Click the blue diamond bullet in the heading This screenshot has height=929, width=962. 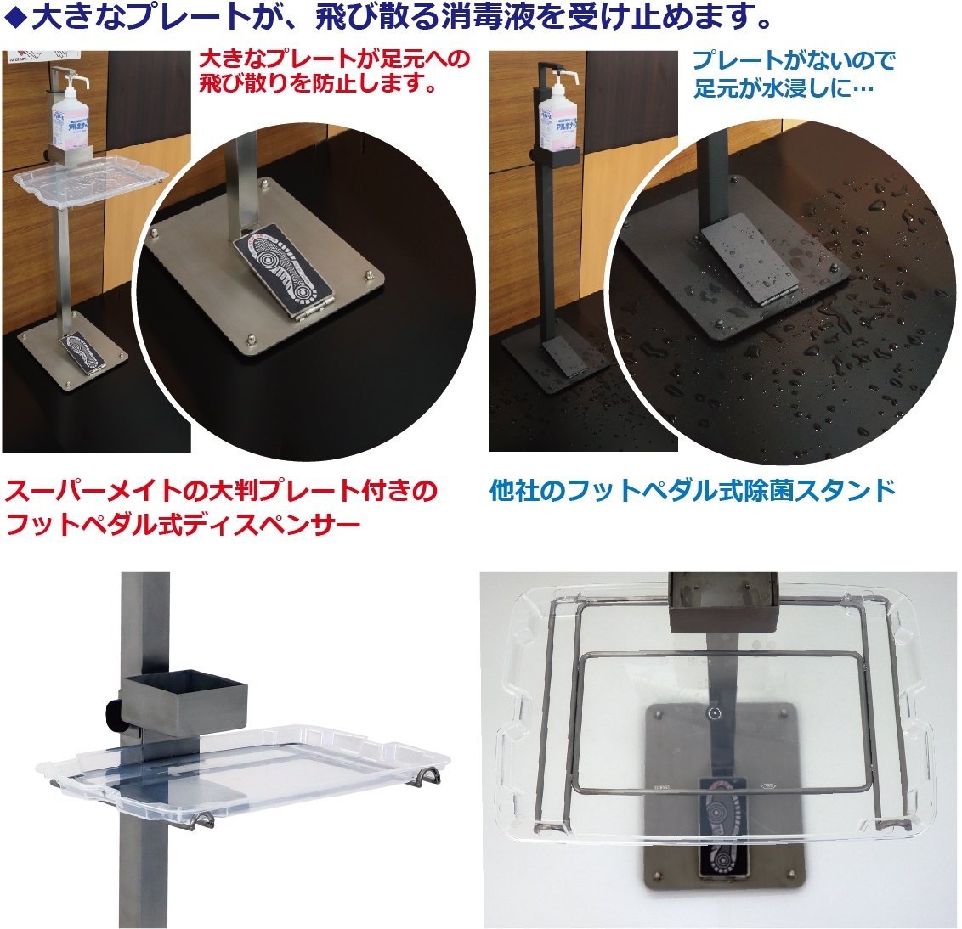(x=14, y=19)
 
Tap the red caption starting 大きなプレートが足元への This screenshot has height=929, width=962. (x=334, y=70)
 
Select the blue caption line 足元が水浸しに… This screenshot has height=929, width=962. (x=784, y=88)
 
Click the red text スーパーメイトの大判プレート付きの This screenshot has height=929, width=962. (x=221, y=491)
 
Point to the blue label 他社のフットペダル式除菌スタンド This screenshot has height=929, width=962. (x=693, y=491)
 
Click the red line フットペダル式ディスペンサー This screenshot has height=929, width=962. (x=183, y=525)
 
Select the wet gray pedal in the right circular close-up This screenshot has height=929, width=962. (x=750, y=261)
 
